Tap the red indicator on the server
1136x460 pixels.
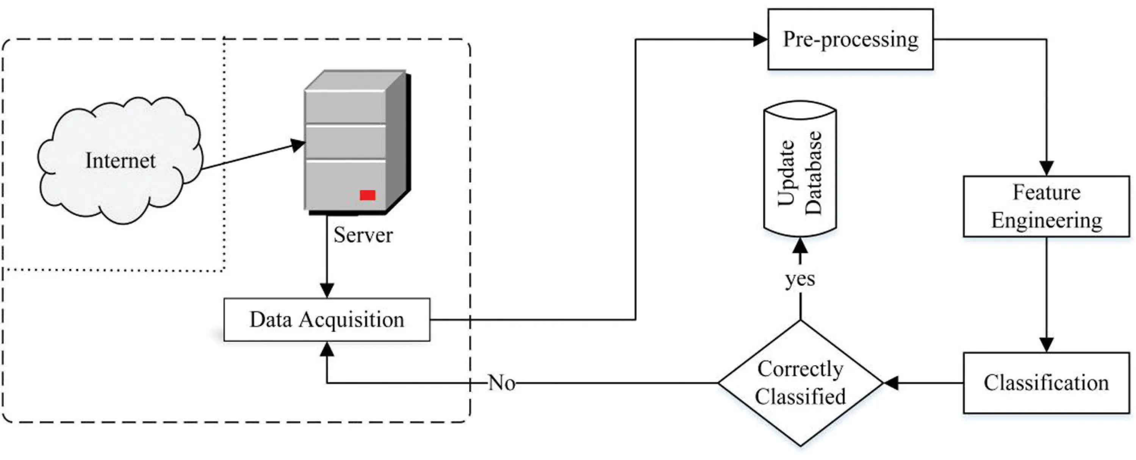pos(367,195)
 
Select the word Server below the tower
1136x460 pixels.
pos(363,235)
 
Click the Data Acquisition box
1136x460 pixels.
pos(327,320)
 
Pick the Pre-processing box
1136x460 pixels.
pos(850,39)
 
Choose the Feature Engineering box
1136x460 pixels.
pos(1046,207)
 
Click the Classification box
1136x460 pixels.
pos(1046,383)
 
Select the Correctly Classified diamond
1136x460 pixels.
pos(800,383)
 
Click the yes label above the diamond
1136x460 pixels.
pos(800,279)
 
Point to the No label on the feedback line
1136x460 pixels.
pos(501,383)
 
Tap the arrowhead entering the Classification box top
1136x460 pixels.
pos(1047,345)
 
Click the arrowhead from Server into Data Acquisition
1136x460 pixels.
pos(327,291)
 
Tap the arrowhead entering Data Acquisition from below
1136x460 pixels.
pos(327,349)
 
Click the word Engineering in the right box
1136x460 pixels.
pos(1047,221)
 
